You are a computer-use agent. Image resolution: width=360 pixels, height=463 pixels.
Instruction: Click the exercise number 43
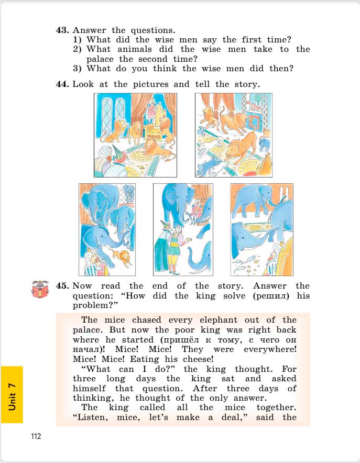click(62, 30)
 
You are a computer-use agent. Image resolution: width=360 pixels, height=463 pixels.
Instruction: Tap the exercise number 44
click(62, 84)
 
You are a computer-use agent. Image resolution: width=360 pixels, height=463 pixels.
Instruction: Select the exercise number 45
click(62, 285)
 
